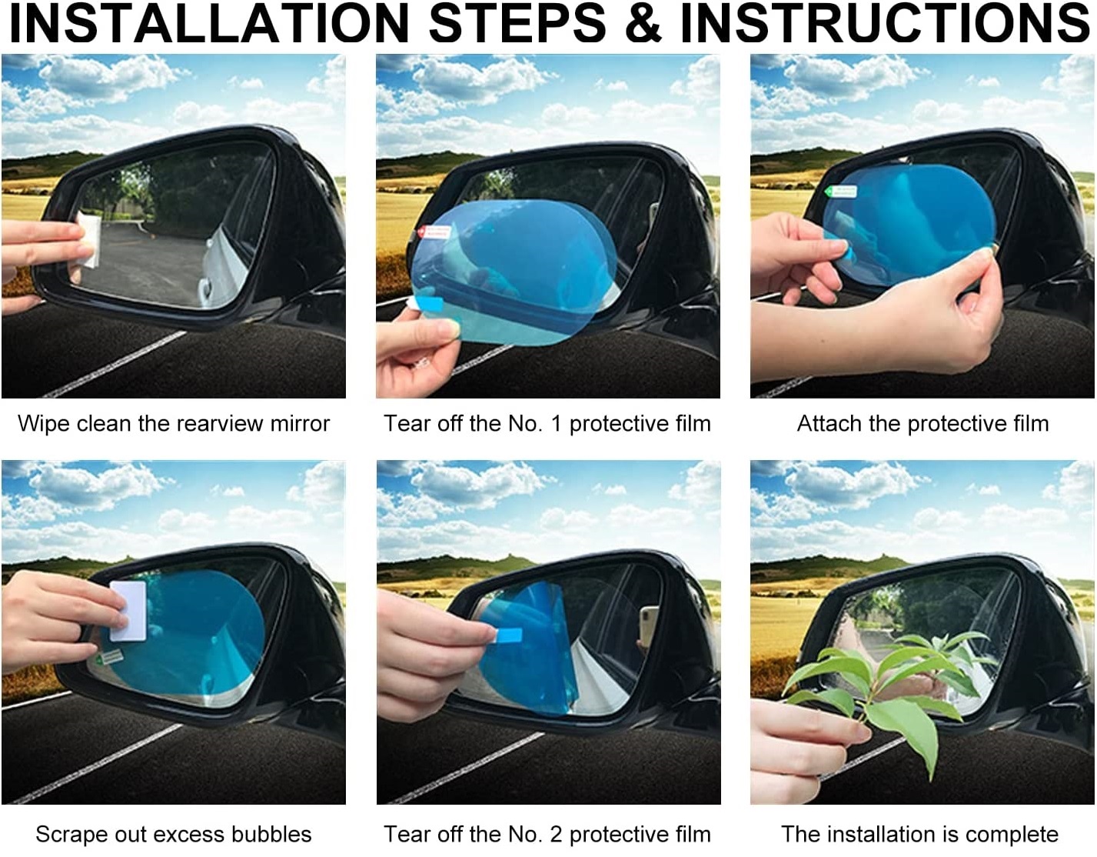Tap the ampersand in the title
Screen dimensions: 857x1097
[643, 23]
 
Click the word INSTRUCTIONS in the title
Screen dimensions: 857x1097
[884, 23]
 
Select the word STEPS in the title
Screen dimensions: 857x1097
[517, 23]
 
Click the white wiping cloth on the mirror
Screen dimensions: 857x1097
[88, 240]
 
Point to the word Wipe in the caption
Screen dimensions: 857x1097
[42, 423]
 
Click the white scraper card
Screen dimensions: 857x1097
[128, 611]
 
